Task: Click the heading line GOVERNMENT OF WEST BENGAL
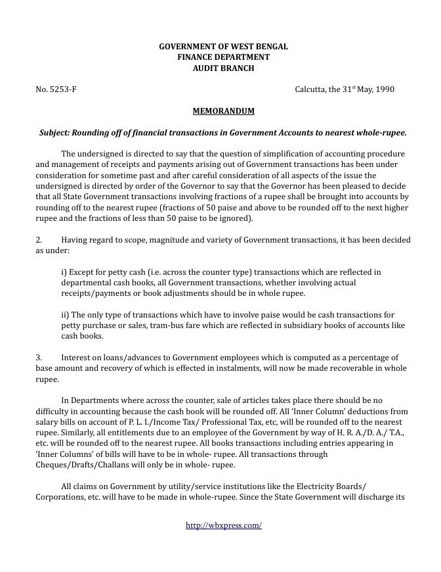[224, 47]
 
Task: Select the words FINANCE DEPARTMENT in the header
[224, 57]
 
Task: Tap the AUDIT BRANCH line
[224, 68]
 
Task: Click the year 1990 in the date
[385, 89]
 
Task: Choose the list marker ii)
[65, 314]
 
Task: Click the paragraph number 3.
[38, 357]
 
